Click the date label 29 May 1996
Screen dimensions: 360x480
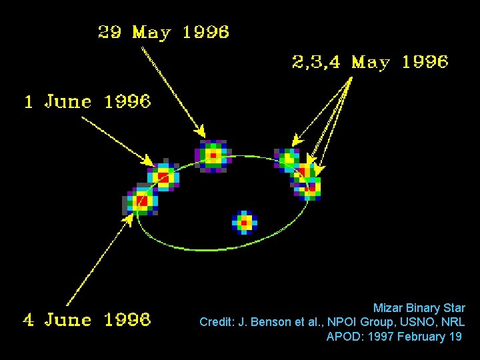pyautogui.click(x=163, y=32)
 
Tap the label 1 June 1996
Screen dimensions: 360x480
pyautogui.click(x=87, y=102)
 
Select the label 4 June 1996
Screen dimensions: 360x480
pyautogui.click(x=87, y=320)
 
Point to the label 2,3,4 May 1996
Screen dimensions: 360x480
pyautogui.click(x=370, y=63)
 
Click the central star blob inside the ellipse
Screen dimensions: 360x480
pyautogui.click(x=245, y=222)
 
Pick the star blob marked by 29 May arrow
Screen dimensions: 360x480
pyautogui.click(x=213, y=156)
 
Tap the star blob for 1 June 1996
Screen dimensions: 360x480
pyautogui.click(x=163, y=177)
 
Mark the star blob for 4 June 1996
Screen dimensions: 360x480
pyautogui.click(x=141, y=200)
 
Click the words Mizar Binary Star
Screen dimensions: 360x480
pyautogui.click(x=419, y=308)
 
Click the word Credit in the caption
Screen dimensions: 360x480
pyautogui.click(x=216, y=322)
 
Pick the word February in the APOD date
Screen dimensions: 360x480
pyautogui.click(x=423, y=337)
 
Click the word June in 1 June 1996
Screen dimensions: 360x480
pyautogui.click(x=68, y=102)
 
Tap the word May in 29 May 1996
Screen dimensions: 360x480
pyautogui.click(x=153, y=32)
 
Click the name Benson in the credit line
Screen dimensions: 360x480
pyautogui.click(x=268, y=322)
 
